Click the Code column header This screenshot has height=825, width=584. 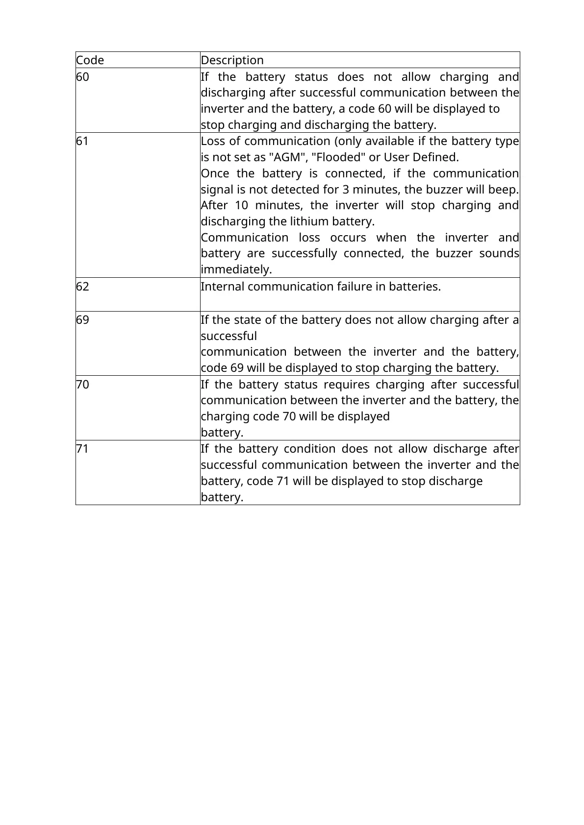[x=90, y=60]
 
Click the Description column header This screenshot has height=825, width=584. [x=232, y=60]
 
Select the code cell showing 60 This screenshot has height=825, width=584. [x=83, y=77]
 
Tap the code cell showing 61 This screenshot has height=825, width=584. [x=82, y=141]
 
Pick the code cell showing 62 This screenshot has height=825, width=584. [x=83, y=287]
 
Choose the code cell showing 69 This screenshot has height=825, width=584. [x=83, y=320]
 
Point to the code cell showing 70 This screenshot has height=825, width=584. [x=83, y=385]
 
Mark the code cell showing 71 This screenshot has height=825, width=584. [x=82, y=449]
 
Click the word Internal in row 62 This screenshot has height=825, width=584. [x=223, y=287]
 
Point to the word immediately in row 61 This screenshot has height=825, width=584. [x=236, y=269]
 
